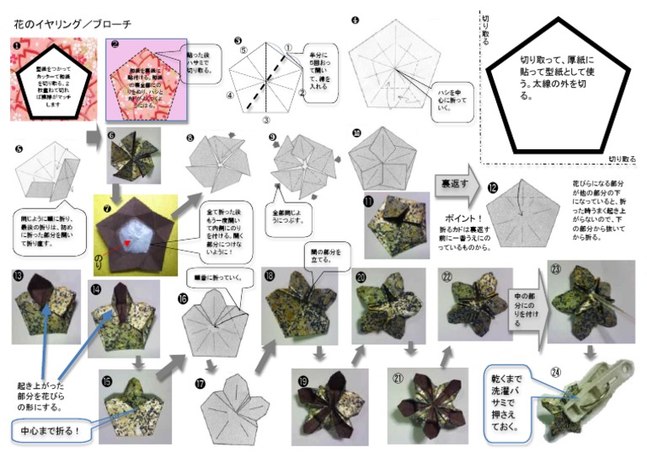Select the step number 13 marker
(18, 275)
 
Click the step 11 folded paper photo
(396, 223)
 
